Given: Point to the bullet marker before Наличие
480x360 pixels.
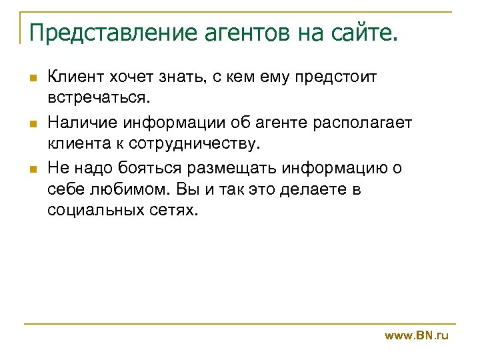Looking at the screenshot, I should click(33, 123).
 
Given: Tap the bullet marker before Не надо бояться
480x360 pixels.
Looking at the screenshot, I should click(33, 168).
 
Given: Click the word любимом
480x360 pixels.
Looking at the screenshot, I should click(122, 189).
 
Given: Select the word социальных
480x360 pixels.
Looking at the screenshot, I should click(91, 211).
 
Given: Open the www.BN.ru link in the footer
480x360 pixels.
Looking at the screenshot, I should click(417, 335).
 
